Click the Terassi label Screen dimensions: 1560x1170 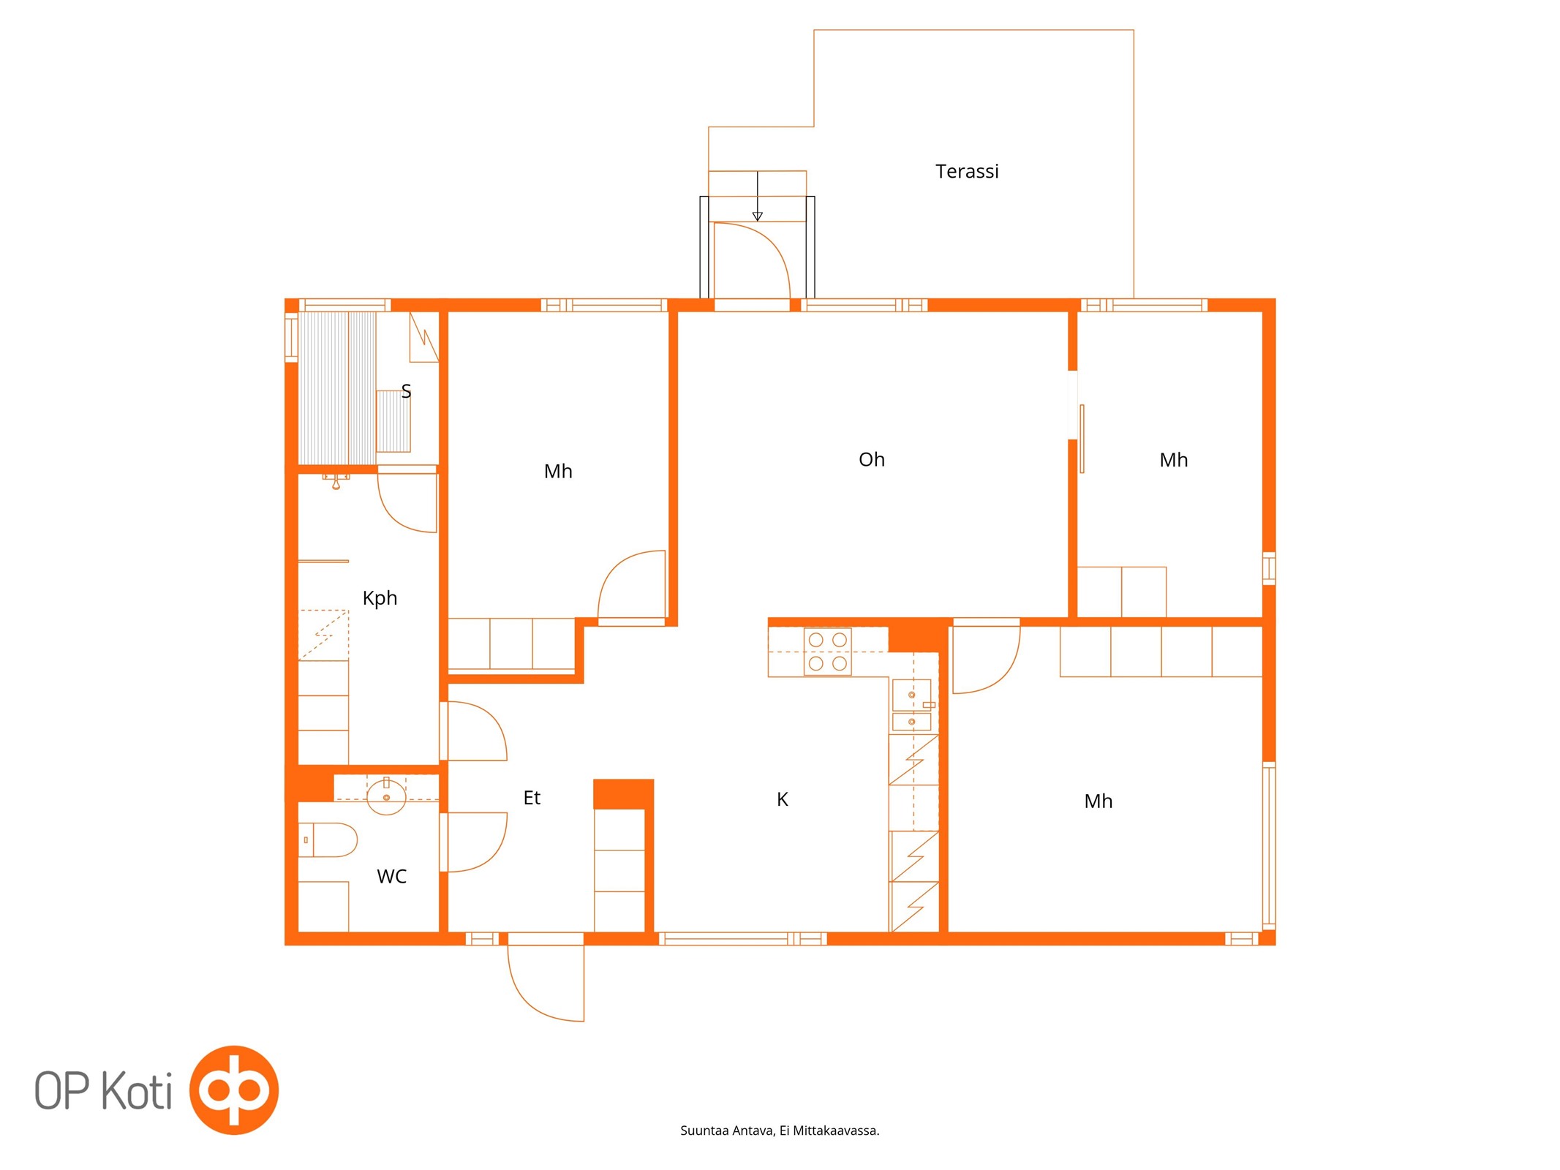click(x=966, y=171)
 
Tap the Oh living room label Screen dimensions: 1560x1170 click(x=871, y=459)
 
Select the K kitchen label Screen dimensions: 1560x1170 click(x=782, y=799)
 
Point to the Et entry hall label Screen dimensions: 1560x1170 click(x=532, y=798)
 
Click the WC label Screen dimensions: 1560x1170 click(x=391, y=876)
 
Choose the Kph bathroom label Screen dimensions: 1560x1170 click(x=380, y=598)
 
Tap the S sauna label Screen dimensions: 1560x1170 click(x=406, y=391)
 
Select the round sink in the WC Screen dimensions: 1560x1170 click(x=386, y=796)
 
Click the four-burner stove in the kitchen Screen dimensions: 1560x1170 click(x=827, y=652)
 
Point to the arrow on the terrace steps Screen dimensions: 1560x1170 click(x=757, y=196)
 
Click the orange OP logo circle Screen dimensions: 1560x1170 click(x=234, y=1090)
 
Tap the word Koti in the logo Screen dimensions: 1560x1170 click(x=136, y=1090)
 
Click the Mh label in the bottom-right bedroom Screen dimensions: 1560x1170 click(x=1098, y=801)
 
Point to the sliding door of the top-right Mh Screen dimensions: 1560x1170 click(x=1082, y=439)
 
